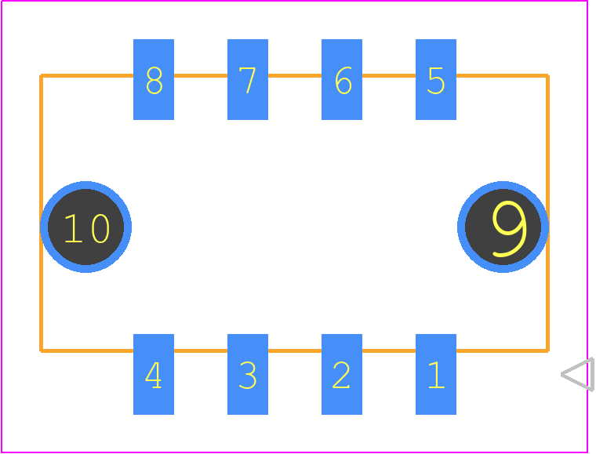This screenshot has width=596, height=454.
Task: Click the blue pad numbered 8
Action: (x=154, y=79)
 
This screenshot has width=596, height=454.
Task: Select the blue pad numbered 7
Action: (x=248, y=79)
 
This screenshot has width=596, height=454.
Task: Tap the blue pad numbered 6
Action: (x=342, y=79)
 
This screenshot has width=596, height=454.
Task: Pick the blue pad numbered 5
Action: (x=436, y=79)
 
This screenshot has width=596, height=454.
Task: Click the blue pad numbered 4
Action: (x=154, y=374)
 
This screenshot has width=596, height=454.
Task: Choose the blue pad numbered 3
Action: (x=248, y=374)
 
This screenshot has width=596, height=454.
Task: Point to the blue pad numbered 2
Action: (x=342, y=374)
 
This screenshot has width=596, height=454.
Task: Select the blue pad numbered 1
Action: (x=436, y=374)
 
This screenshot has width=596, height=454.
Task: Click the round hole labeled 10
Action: (x=86, y=227)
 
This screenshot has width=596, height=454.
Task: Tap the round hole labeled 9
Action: (x=503, y=227)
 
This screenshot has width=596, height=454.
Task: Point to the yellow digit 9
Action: (x=509, y=229)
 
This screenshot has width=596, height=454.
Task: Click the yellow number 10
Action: (x=87, y=228)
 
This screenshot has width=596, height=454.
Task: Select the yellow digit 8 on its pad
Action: (x=154, y=81)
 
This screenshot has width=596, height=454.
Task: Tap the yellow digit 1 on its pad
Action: (x=436, y=375)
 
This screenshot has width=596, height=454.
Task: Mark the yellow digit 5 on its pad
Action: (x=436, y=81)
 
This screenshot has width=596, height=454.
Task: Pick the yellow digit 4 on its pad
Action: (x=154, y=375)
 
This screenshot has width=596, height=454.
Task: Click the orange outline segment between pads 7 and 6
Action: (x=295, y=76)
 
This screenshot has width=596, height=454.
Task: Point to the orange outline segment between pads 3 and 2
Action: (x=295, y=350)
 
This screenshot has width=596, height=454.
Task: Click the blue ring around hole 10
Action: (x=44, y=227)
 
